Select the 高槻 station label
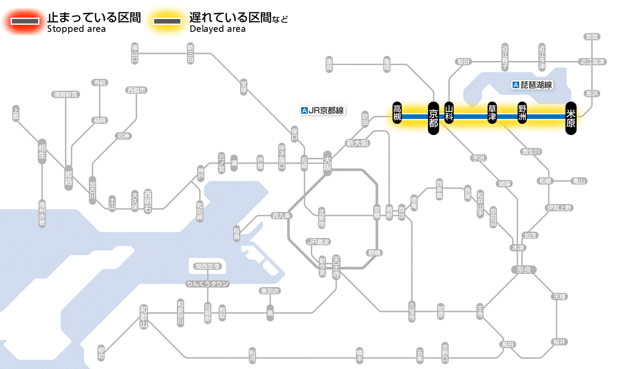(x=397, y=113)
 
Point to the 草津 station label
(x=492, y=113)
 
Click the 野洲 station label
(x=522, y=113)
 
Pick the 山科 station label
(x=449, y=113)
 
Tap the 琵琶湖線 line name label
(x=532, y=85)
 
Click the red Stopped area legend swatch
(x=25, y=21)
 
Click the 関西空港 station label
(x=207, y=266)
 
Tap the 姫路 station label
(x=69, y=177)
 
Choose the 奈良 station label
(x=523, y=269)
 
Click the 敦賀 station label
(x=592, y=37)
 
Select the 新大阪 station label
(x=357, y=143)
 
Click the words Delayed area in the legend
(x=217, y=29)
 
